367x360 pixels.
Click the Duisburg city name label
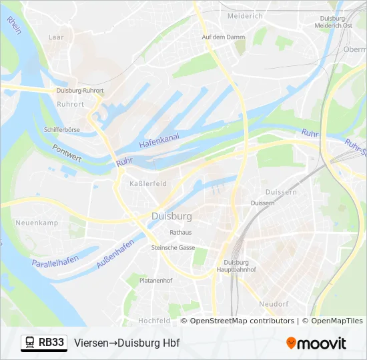(171, 217)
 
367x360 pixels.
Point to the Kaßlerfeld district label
(147, 183)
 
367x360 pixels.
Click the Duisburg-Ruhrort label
(81, 90)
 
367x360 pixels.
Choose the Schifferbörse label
(61, 129)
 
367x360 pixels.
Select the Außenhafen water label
(115, 254)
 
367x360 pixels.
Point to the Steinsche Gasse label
(173, 247)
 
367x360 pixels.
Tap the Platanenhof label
(156, 281)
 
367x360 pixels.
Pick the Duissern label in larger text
(280, 192)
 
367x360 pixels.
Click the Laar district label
(56, 37)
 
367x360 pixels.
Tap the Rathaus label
(181, 233)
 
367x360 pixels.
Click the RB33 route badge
(44, 343)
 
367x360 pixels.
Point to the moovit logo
(316, 343)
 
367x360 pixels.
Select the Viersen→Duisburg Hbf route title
(127, 343)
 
